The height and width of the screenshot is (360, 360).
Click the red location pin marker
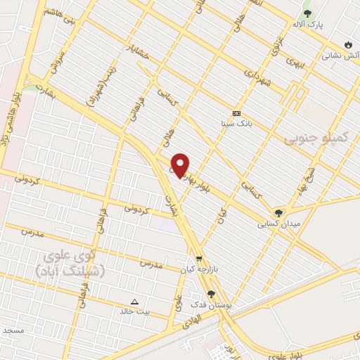pyautogui.click(x=181, y=165)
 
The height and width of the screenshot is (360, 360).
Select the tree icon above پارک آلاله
pyautogui.click(x=307, y=13)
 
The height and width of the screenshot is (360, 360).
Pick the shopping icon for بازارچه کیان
pyautogui.click(x=199, y=258)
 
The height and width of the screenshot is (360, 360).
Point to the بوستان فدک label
pyautogui.click(x=209, y=304)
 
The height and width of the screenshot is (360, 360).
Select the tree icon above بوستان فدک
pyautogui.click(x=210, y=294)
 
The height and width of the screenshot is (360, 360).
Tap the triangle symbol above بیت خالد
pyautogui.click(x=135, y=300)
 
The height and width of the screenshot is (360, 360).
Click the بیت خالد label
pyautogui.click(x=135, y=310)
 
